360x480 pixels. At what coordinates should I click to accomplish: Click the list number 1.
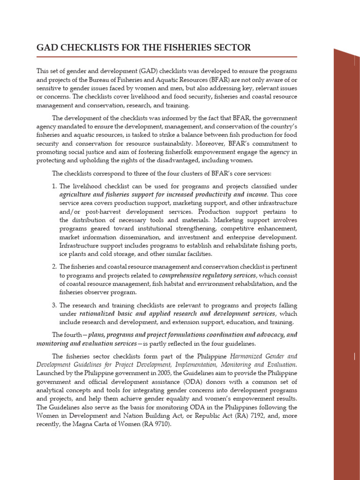click(x=54, y=186)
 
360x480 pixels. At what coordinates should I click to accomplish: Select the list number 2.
click(x=54, y=267)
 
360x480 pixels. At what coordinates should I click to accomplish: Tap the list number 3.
click(x=54, y=305)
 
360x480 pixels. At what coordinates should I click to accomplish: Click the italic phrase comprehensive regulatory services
click(x=208, y=275)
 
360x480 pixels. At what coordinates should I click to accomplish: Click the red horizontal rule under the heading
click(x=166, y=57)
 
